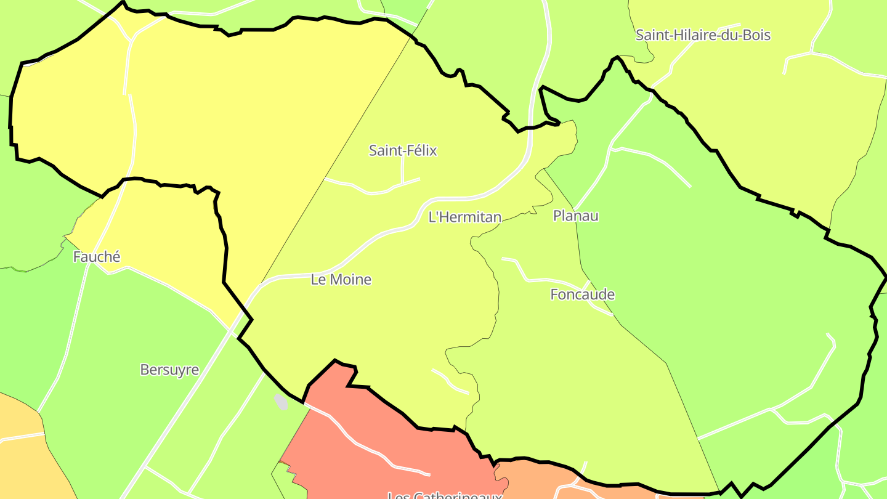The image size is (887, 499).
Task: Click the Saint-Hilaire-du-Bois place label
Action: tap(703, 34)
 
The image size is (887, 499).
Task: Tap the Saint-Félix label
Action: tap(403, 150)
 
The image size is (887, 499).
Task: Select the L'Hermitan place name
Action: tap(465, 217)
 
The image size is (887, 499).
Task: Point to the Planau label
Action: tap(576, 216)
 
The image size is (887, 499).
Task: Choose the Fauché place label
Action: tap(97, 257)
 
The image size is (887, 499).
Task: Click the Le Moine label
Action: tap(341, 279)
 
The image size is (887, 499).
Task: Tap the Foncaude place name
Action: tap(582, 294)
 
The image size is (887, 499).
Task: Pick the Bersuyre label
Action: tap(169, 370)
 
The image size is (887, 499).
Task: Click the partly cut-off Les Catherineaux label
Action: tap(445, 494)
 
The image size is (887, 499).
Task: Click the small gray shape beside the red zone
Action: tap(281, 402)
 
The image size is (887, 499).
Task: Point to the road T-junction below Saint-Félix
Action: tap(403, 184)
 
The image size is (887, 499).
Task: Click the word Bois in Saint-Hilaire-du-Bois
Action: tap(756, 34)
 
